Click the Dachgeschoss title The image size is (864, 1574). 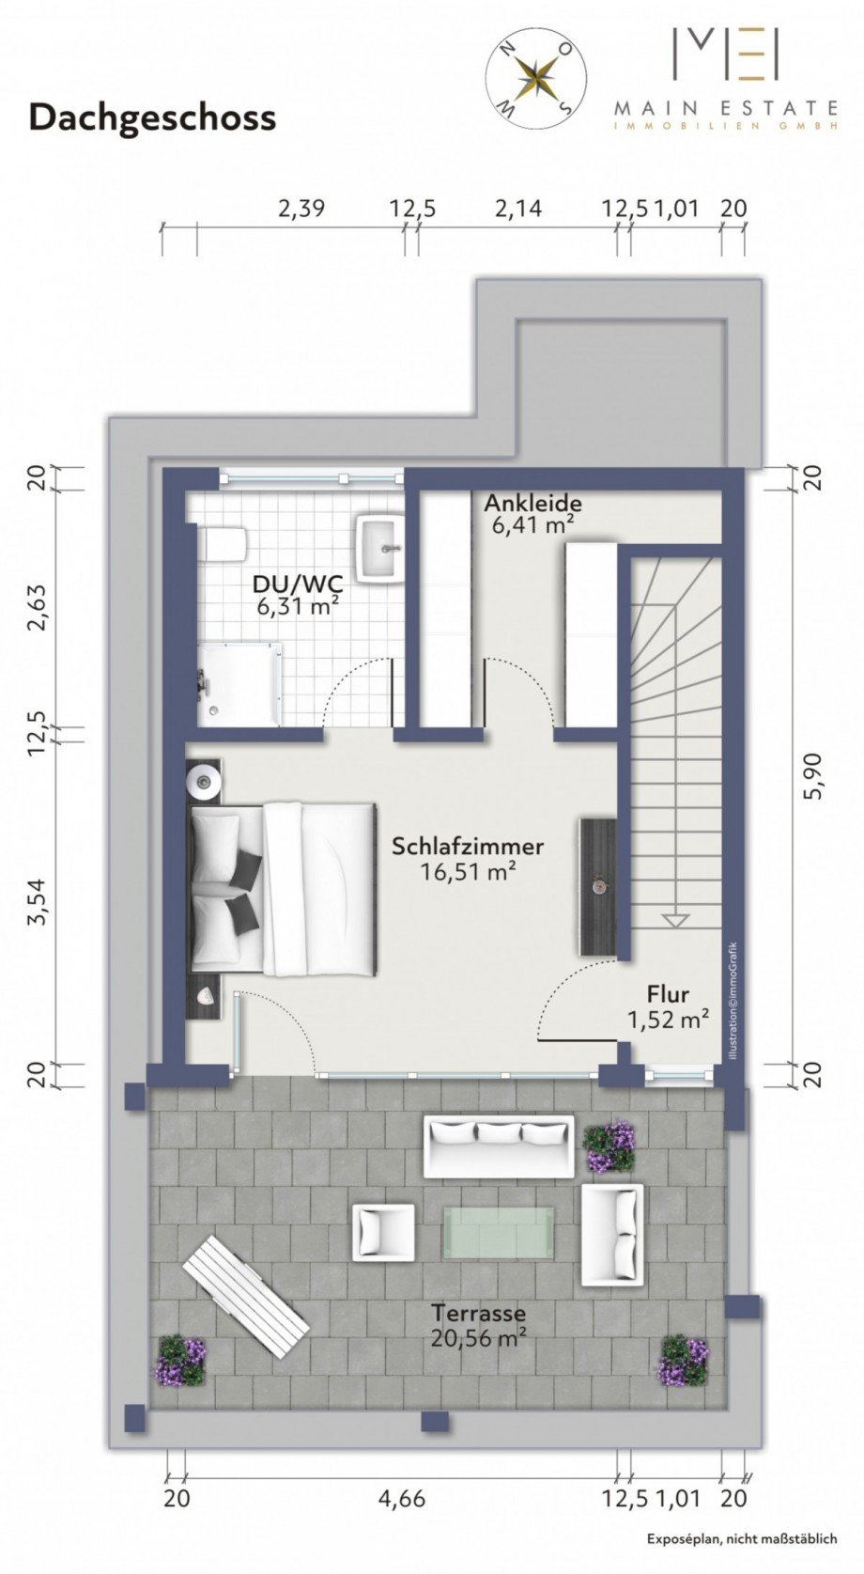(152, 118)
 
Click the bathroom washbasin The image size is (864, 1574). (380, 548)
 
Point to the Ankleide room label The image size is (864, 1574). (533, 503)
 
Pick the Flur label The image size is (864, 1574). (668, 993)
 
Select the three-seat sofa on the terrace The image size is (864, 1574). (498, 1146)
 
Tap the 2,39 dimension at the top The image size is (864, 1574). (301, 209)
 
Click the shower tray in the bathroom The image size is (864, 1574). (240, 684)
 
